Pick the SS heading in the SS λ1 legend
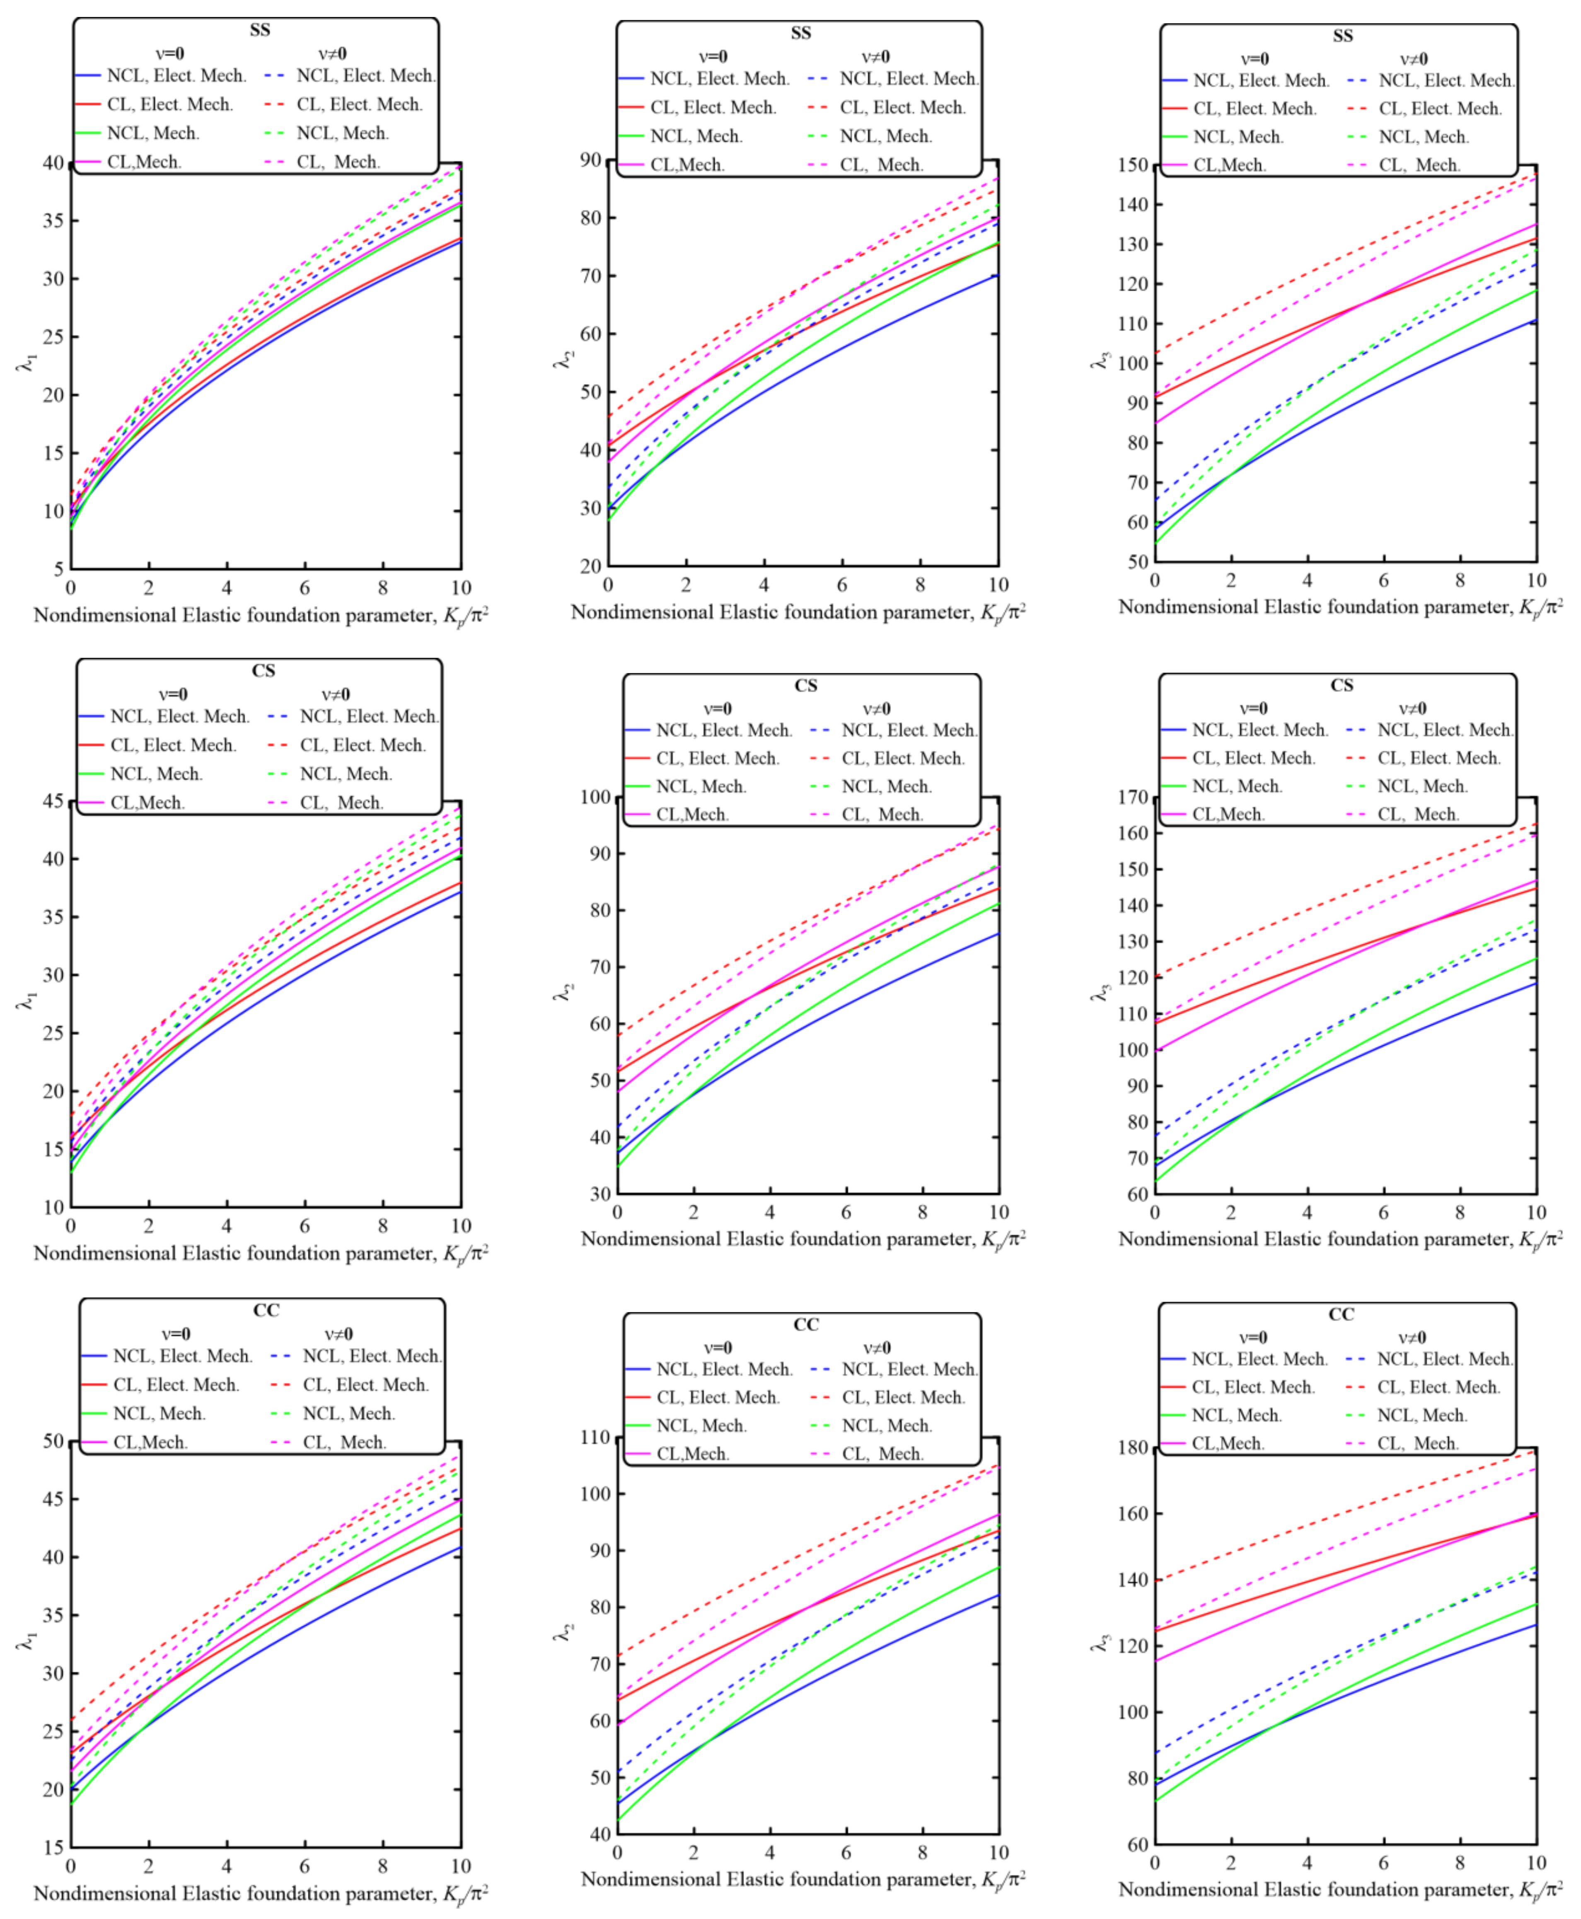click(259, 30)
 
